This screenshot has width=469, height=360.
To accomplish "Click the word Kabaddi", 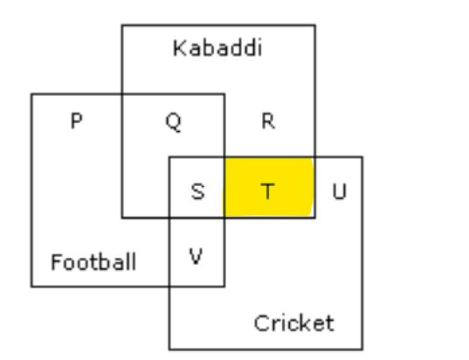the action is [217, 48].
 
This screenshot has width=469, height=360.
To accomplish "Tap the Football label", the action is [93, 262].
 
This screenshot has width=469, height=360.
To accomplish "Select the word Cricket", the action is [293, 323].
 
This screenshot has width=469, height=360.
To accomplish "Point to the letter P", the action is [77, 121].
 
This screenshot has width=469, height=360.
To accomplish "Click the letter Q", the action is [174, 121].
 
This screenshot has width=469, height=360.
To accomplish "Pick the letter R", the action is [268, 121].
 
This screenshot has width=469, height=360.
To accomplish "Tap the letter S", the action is [197, 191].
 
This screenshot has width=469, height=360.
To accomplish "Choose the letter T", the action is [268, 191].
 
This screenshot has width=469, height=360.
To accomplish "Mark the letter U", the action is [340, 191].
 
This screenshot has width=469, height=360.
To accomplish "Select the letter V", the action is [197, 257].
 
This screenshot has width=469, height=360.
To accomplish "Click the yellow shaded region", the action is [269, 187].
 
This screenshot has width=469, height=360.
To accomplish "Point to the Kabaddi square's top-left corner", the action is [122, 25].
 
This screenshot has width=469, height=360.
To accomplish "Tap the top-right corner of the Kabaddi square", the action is [314, 25].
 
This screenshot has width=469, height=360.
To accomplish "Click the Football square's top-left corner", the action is [31, 94].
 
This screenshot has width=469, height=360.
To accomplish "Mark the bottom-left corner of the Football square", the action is [31, 287].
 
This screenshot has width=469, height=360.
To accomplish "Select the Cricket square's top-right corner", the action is [362, 157].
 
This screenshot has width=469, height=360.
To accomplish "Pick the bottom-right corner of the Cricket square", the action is [362, 349].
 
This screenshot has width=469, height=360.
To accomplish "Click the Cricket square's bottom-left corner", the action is [169, 349].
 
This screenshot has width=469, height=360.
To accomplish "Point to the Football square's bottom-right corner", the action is [224, 287].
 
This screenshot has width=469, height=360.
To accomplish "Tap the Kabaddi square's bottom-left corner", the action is [122, 218].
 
